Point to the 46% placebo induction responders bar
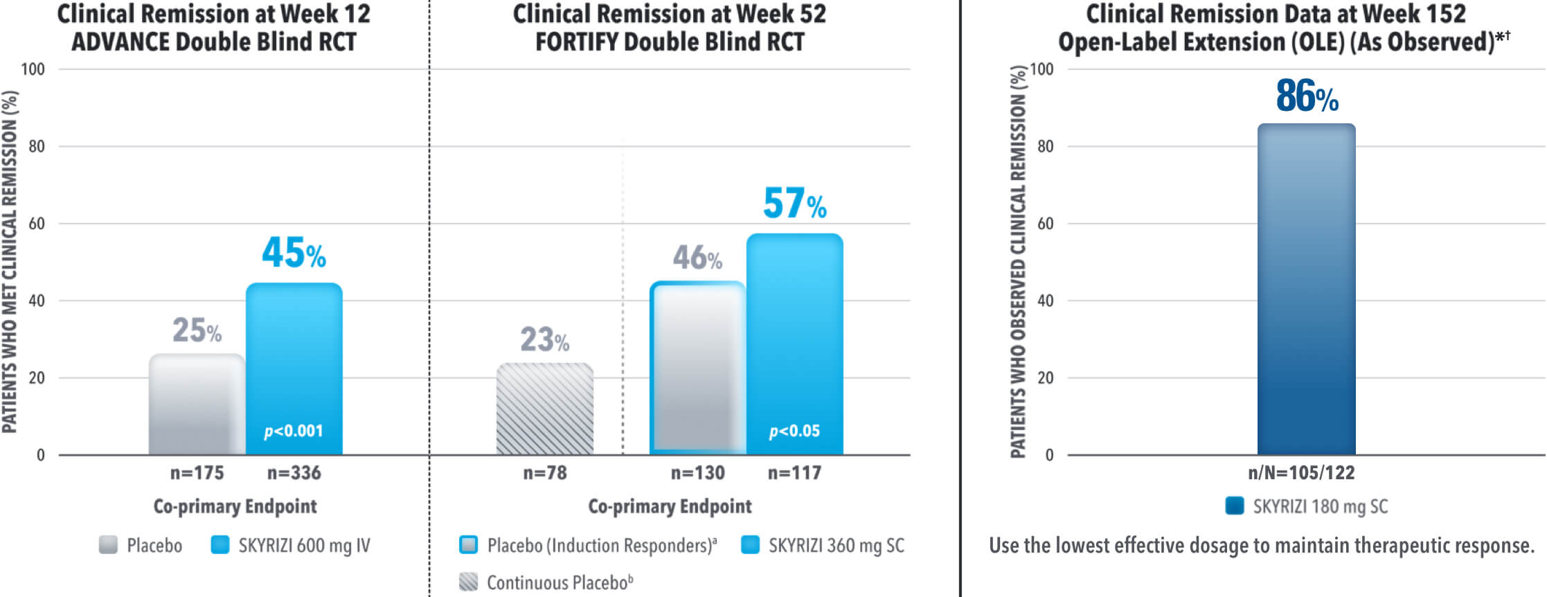point(697,367)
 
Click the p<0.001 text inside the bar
point(294,431)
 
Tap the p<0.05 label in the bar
point(794,431)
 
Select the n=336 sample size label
point(294,473)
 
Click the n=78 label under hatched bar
point(545,473)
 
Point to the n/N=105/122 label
point(1301,473)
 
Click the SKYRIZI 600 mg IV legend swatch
point(220,545)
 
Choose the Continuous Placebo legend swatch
point(469,582)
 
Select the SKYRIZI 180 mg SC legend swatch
point(1235,506)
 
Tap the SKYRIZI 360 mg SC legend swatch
point(750,545)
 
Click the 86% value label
point(1307,96)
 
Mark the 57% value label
point(794,204)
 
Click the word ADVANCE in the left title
point(120,42)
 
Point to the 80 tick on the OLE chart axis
point(1045,146)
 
